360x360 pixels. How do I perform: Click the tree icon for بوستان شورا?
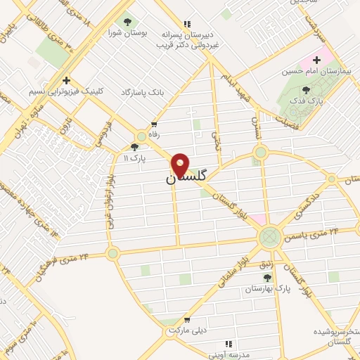click(x=127, y=21)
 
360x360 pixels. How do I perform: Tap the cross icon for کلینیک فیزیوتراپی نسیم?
click(x=66, y=80)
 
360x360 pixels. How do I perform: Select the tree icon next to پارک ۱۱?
click(x=134, y=147)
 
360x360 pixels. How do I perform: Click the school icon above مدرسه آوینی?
click(x=229, y=344)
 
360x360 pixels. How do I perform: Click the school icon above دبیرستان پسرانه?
click(x=186, y=23)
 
